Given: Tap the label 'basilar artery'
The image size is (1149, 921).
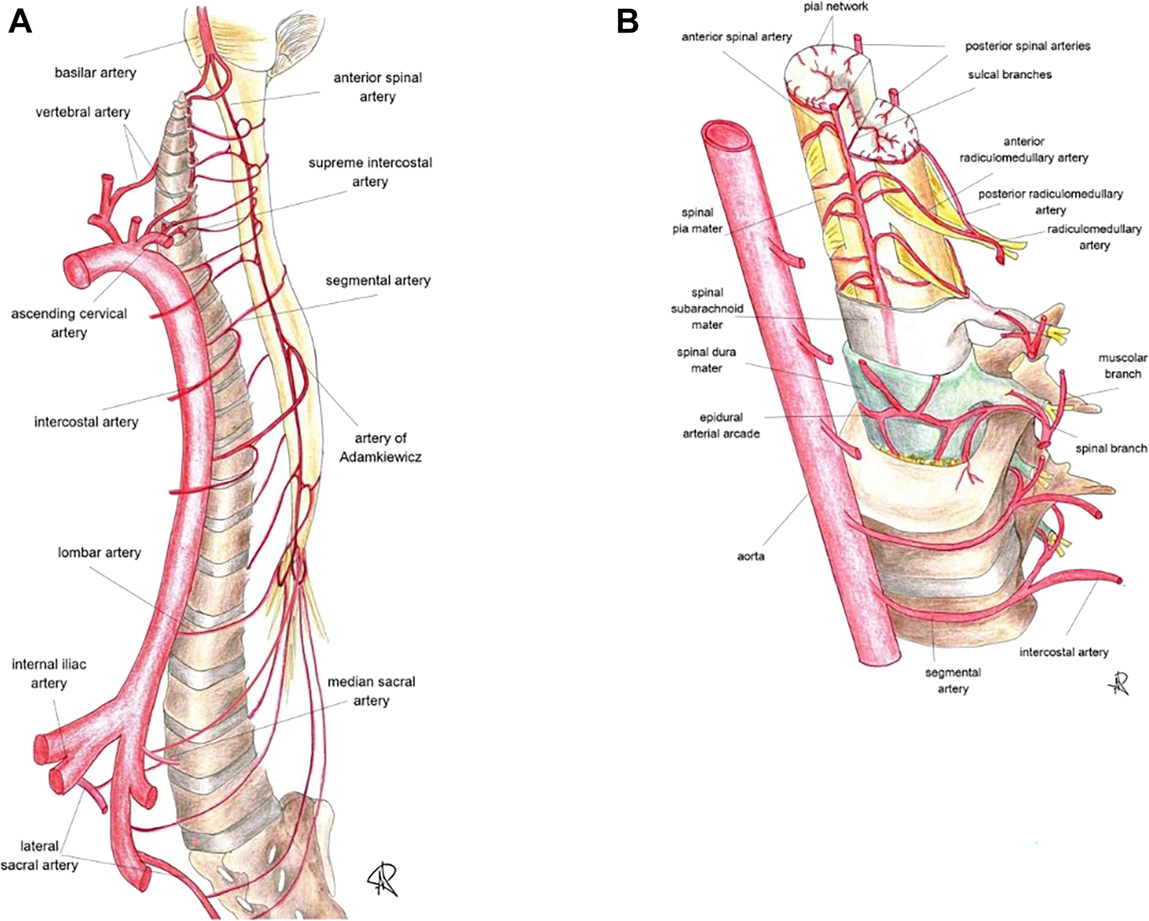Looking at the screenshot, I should click(x=95, y=72).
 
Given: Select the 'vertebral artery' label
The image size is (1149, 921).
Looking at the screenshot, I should click(x=83, y=112).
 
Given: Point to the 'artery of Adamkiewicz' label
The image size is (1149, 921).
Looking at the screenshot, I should click(x=381, y=447).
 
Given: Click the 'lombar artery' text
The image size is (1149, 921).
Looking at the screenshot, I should click(x=99, y=552).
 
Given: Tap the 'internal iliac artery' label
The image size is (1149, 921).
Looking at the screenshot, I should click(x=48, y=674).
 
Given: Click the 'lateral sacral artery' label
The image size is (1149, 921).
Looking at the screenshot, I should click(x=39, y=855).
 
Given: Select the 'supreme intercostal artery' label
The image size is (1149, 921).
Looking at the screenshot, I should click(x=370, y=172).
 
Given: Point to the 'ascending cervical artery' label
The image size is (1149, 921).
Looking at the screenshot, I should click(x=69, y=323).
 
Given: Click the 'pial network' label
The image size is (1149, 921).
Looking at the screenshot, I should click(x=836, y=7).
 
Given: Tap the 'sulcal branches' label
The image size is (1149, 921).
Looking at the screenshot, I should click(x=1009, y=74).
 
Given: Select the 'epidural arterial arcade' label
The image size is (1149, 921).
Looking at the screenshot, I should click(x=721, y=425).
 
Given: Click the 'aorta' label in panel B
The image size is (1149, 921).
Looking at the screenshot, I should click(x=751, y=556).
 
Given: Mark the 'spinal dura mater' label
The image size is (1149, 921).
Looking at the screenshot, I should click(x=706, y=360).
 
